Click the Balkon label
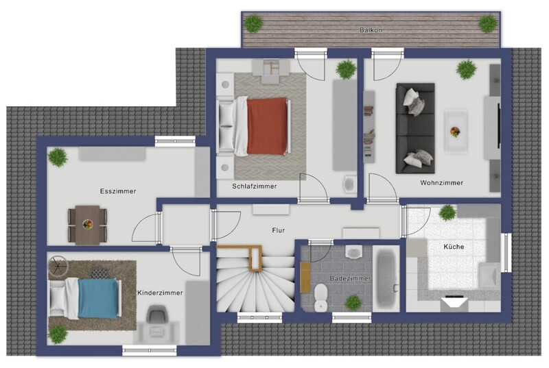click(x=371, y=30)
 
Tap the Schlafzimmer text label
click(x=255, y=186)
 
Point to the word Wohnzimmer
click(x=442, y=183)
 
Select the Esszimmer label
click(x=118, y=191)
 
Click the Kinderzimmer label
click(x=160, y=293)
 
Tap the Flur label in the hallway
click(x=279, y=230)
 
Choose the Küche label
click(x=454, y=247)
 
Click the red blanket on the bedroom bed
click(x=267, y=126)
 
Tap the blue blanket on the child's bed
click(x=98, y=298)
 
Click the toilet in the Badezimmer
click(x=320, y=297)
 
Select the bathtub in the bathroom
click(x=386, y=278)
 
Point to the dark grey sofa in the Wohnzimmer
click(x=415, y=128)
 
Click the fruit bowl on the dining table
click(x=88, y=223)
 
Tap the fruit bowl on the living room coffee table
click(x=455, y=132)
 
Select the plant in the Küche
click(x=447, y=212)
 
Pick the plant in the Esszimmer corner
click(x=58, y=157)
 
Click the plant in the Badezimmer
click(x=353, y=303)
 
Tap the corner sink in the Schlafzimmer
click(x=350, y=184)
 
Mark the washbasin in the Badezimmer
click(x=353, y=252)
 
